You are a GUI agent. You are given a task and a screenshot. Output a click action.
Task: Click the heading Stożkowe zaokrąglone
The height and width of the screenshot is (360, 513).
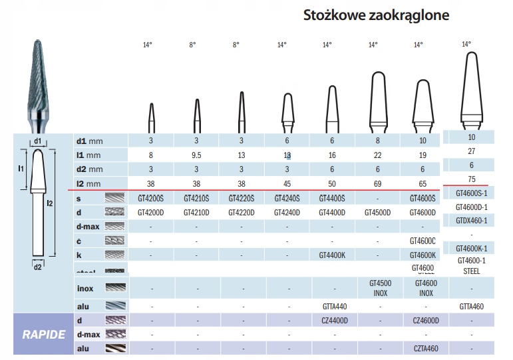click(376, 15)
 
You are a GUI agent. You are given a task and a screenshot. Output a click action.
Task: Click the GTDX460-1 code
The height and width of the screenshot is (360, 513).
click(471, 221)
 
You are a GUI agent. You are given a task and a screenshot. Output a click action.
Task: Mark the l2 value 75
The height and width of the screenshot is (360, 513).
click(471, 178)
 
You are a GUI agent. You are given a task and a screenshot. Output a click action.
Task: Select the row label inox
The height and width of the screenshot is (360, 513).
click(86, 288)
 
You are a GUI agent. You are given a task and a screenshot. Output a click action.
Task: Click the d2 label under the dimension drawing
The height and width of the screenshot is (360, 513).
click(37, 267)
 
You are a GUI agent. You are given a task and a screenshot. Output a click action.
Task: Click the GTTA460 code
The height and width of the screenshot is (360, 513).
click(471, 307)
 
